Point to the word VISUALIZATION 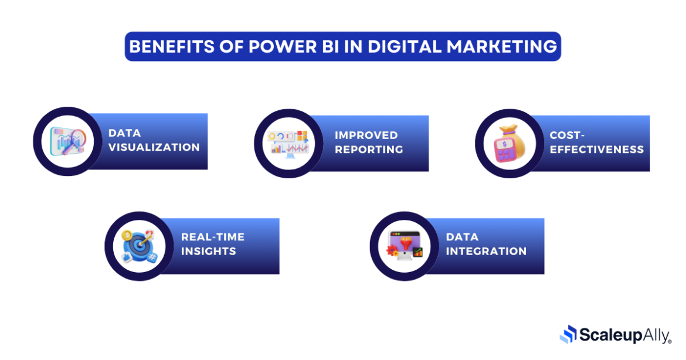[x=154, y=147]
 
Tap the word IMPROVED [x=366, y=135]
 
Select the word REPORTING [x=369, y=150]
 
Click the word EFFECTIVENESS [x=597, y=150]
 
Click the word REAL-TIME [x=213, y=237]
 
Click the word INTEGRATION [x=486, y=252]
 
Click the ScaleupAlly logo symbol [x=569, y=334]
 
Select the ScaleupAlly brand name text [x=624, y=335]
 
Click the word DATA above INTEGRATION [x=462, y=237]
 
